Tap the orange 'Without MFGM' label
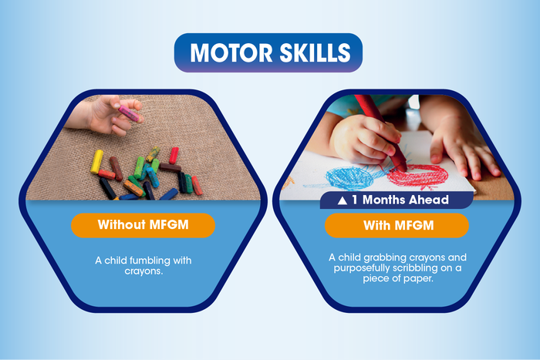(143, 226)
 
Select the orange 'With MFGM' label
(397, 226)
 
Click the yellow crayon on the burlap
(96, 160)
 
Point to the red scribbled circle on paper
(419, 175)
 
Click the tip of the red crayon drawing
(403, 168)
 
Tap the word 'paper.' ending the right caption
(415, 278)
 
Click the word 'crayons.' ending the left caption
(143, 271)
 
